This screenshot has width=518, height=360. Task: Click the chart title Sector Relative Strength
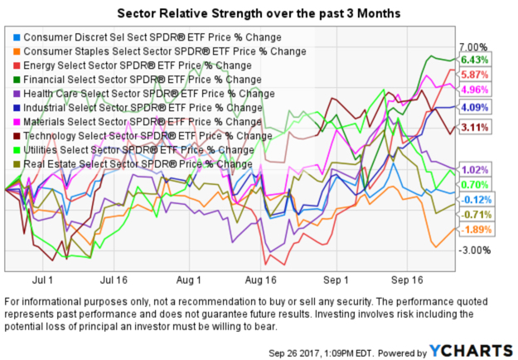pyautogui.click(x=259, y=14)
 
